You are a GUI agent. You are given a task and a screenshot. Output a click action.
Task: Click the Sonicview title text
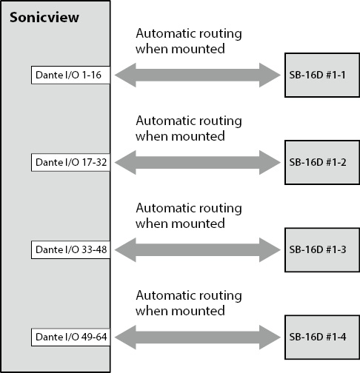(x=44, y=18)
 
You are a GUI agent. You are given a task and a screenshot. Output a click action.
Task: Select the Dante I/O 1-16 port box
(x=70, y=75)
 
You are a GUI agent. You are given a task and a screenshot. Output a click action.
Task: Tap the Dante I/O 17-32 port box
(x=70, y=162)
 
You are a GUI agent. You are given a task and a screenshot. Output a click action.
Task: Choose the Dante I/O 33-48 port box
(x=70, y=249)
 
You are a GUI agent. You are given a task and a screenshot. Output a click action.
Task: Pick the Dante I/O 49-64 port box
(x=70, y=337)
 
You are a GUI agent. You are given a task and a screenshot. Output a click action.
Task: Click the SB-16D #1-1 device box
(x=322, y=75)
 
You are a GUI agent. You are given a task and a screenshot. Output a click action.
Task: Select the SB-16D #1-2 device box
(x=322, y=162)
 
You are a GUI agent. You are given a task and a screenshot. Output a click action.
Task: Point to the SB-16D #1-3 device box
(x=322, y=250)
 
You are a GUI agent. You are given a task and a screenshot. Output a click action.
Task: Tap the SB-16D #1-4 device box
(x=322, y=337)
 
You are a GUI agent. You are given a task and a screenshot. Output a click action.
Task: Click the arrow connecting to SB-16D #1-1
(x=198, y=75)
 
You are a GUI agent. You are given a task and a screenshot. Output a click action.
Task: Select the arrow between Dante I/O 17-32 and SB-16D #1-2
(x=198, y=162)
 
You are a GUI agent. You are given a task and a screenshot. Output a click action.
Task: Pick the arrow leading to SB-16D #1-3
(x=198, y=249)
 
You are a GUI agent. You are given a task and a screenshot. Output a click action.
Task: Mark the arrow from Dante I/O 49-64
(x=198, y=337)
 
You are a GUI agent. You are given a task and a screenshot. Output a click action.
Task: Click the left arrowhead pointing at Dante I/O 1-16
(x=124, y=75)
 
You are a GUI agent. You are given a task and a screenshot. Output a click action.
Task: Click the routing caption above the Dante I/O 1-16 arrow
(x=189, y=41)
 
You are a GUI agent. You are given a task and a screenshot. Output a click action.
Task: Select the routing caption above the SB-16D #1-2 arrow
(x=189, y=129)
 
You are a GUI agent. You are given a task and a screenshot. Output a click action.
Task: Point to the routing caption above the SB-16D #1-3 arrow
(x=189, y=216)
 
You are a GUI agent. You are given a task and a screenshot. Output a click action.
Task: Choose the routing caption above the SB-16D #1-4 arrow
(x=189, y=303)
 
